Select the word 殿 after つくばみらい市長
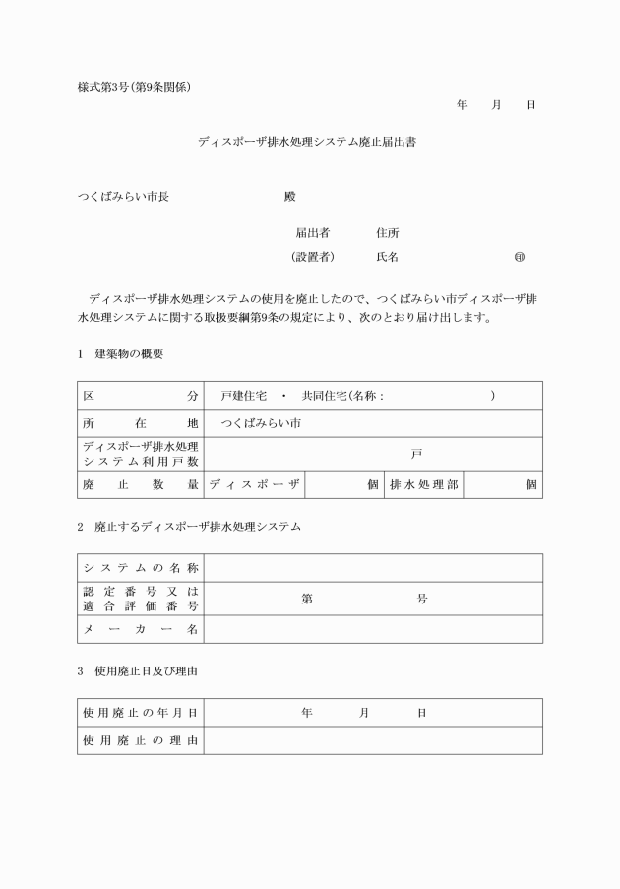click(289, 197)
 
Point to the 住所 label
click(387, 233)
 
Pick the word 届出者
click(313, 233)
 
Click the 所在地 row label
click(140, 423)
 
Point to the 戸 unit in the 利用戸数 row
click(416, 454)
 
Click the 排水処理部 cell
click(423, 484)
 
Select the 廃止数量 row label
click(140, 484)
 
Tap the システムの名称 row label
click(140, 568)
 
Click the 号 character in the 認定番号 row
click(421, 599)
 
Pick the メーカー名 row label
click(140, 629)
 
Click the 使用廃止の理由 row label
click(140, 740)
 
